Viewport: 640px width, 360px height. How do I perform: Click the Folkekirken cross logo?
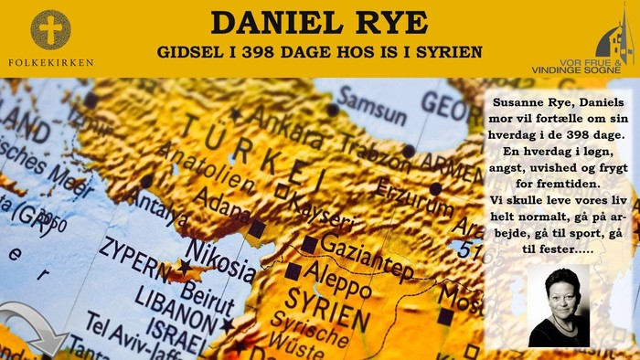coord(49,29)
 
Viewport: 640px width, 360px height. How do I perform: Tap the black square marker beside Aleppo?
coord(293,271)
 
